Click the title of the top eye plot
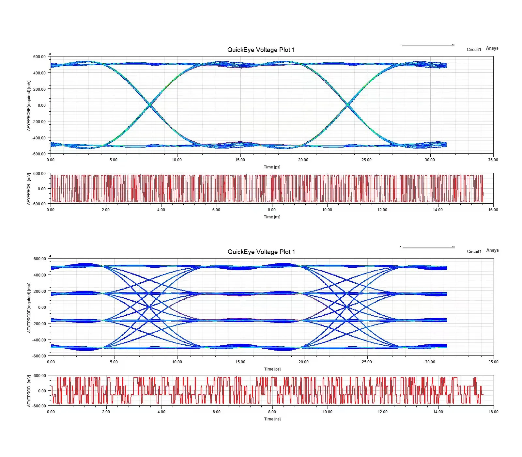click(261, 50)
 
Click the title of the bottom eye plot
click(261, 252)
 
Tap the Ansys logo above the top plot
click(492, 48)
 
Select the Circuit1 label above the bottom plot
click(474, 251)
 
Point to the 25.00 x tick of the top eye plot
click(366, 160)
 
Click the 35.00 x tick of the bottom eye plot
click(493, 362)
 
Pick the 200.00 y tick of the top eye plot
click(39, 89)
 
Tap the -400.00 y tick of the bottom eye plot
click(39, 340)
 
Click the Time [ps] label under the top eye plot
click(272, 167)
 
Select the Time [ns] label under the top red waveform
click(272, 217)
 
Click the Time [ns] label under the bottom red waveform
click(272, 419)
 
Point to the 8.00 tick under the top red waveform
click(271, 210)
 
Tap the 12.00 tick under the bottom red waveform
click(382, 412)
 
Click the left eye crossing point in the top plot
click(150, 105)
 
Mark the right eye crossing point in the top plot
click(348, 105)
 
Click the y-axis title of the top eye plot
click(29, 105)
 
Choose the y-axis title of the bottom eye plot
click(29, 307)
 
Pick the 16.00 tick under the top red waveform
click(493, 210)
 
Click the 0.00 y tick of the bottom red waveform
click(42, 391)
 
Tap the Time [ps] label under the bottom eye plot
click(272, 369)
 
